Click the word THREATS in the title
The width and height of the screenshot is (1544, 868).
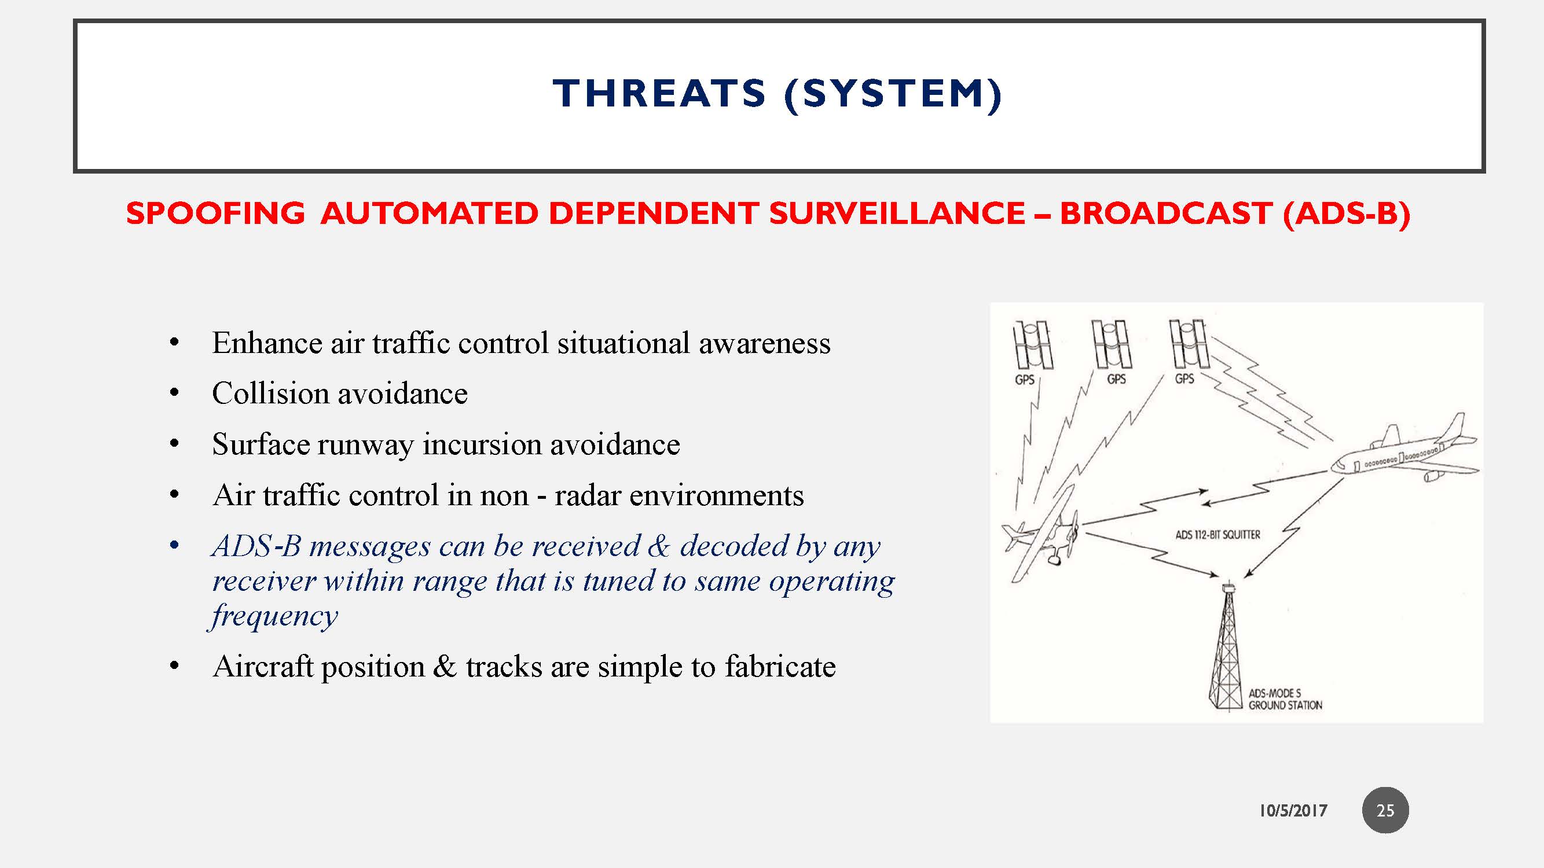659,94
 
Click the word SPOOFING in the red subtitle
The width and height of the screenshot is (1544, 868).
215,214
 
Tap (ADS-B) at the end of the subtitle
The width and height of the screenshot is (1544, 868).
1346,214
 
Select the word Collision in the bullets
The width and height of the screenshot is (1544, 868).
270,394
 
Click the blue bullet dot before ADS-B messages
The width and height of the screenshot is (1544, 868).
174,546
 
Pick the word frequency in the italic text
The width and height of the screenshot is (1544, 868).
274,616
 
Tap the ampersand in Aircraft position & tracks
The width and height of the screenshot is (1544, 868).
444,667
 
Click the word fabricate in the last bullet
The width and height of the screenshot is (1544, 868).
780,667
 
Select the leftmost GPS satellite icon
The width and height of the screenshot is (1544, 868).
1032,345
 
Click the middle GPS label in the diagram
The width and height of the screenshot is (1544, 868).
1116,379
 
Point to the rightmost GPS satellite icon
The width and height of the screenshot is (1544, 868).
1189,344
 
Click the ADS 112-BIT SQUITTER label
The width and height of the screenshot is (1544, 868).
1217,535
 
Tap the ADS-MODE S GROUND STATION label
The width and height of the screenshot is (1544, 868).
1285,700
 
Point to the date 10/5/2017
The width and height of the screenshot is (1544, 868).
1292,811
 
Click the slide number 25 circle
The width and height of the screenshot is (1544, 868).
1385,811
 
